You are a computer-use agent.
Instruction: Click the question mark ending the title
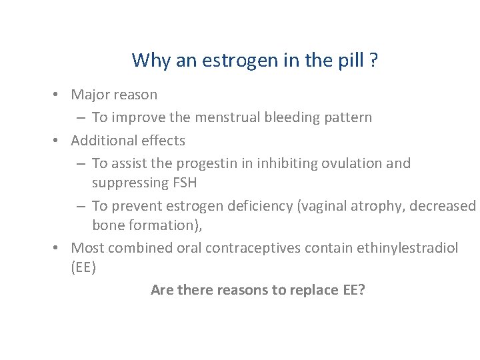coord(374,60)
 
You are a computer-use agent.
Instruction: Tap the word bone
coord(107,225)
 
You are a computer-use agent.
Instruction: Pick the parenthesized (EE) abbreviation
coord(83,267)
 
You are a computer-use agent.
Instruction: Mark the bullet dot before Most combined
coord(59,248)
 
